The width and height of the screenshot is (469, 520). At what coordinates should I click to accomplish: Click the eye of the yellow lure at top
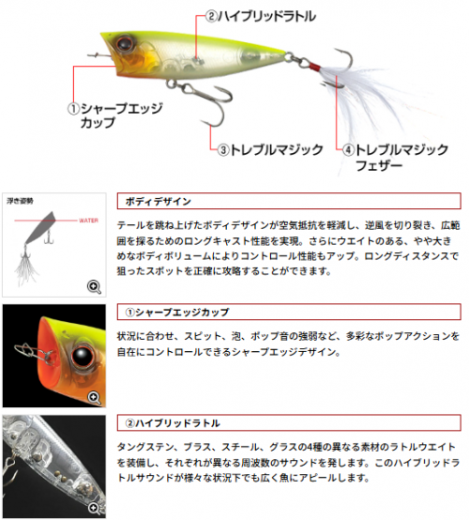click(x=125, y=43)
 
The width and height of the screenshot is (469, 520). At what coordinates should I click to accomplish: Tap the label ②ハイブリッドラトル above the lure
click(x=261, y=16)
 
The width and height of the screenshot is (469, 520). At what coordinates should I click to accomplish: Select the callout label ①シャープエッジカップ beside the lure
click(x=115, y=115)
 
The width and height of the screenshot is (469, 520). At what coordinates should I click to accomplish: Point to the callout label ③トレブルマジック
click(x=270, y=149)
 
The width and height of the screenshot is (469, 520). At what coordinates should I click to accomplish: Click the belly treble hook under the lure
click(x=203, y=102)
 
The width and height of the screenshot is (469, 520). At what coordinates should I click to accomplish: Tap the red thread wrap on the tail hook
click(x=314, y=67)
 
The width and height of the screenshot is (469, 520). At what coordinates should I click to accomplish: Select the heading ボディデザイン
click(x=159, y=201)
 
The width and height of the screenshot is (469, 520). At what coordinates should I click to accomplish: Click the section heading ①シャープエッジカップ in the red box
click(x=176, y=312)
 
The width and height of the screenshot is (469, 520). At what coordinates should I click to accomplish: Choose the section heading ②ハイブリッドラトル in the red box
click(x=173, y=422)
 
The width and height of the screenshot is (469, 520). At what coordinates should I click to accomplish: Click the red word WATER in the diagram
click(x=88, y=221)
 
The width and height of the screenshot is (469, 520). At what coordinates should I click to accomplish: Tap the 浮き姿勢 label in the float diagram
click(x=20, y=201)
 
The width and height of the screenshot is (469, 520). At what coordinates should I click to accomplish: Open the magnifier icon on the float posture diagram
click(x=94, y=287)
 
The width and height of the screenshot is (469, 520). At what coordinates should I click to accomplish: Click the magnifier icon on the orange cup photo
click(x=94, y=398)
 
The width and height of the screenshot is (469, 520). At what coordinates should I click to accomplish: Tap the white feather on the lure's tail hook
click(x=371, y=99)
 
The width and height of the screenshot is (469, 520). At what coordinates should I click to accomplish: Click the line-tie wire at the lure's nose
click(x=99, y=55)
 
